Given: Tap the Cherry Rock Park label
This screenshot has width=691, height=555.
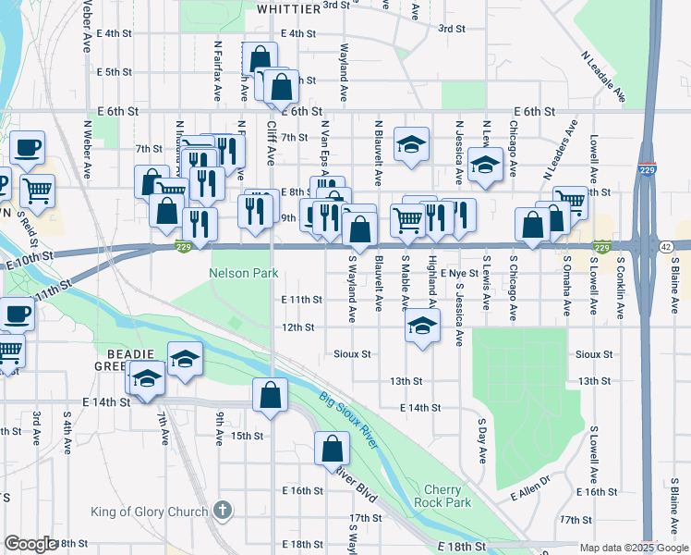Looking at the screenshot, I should [448, 496].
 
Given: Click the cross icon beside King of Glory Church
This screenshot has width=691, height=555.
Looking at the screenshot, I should [221, 510].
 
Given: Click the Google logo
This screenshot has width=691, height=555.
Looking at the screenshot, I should [30, 544].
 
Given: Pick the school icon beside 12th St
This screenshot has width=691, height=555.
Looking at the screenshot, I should [422, 326].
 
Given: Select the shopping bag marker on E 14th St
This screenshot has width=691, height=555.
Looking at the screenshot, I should [268, 395].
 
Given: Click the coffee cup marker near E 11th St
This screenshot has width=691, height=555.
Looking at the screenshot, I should [18, 314].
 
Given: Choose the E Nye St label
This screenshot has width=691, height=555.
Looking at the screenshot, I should [458, 274].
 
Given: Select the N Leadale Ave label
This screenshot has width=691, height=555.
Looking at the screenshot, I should [603, 76].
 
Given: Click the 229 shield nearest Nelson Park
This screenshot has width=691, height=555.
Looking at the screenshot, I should [185, 245].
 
